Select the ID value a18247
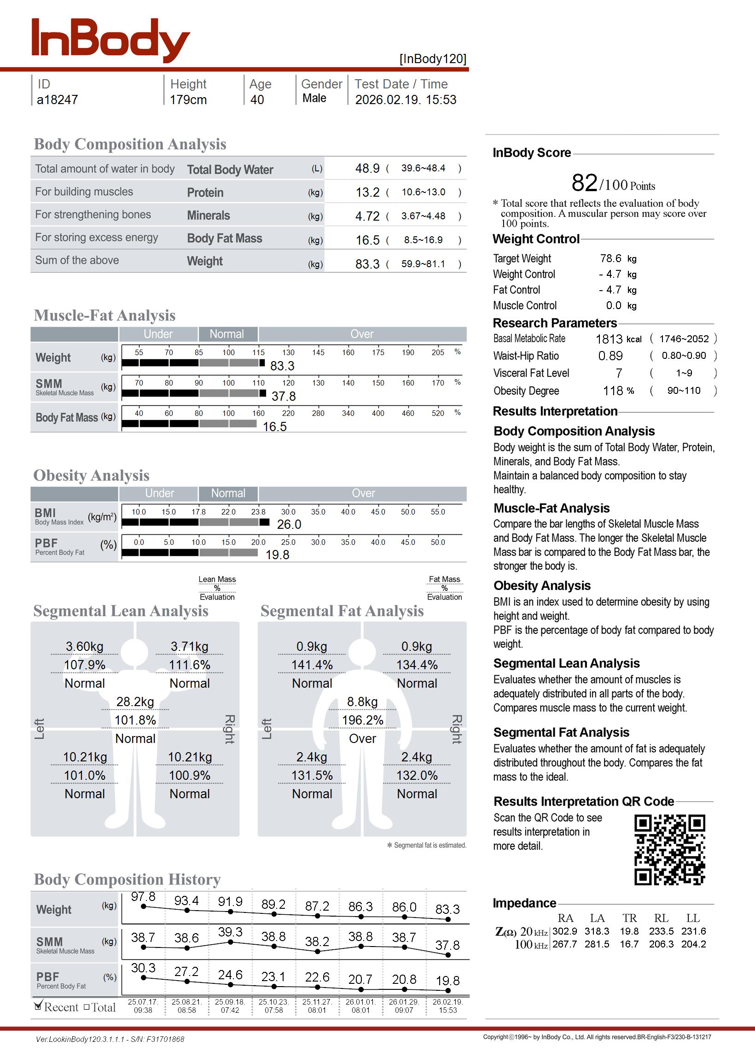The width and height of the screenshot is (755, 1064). click(x=57, y=99)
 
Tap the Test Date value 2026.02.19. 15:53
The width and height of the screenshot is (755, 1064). click(x=406, y=99)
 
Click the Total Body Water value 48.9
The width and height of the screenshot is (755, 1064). click(x=367, y=168)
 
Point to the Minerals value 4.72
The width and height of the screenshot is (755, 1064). click(x=367, y=216)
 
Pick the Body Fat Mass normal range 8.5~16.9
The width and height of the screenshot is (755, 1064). click(x=423, y=240)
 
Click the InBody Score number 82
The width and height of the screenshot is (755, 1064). click(x=584, y=183)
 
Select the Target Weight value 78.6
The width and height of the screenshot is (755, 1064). click(x=610, y=258)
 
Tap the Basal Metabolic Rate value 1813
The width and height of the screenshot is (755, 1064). click(x=609, y=339)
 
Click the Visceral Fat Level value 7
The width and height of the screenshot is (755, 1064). click(x=619, y=374)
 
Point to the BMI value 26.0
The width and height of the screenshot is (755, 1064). click(x=289, y=525)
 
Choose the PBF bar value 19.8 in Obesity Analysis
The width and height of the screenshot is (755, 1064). click(x=277, y=555)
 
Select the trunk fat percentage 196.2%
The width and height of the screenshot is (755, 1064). click(x=363, y=720)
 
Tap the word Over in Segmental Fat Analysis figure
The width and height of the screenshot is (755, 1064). click(x=363, y=738)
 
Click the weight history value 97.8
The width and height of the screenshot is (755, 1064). click(x=143, y=896)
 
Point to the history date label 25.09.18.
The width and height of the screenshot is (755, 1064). click(x=230, y=1002)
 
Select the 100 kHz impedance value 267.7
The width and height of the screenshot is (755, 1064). click(x=564, y=944)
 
